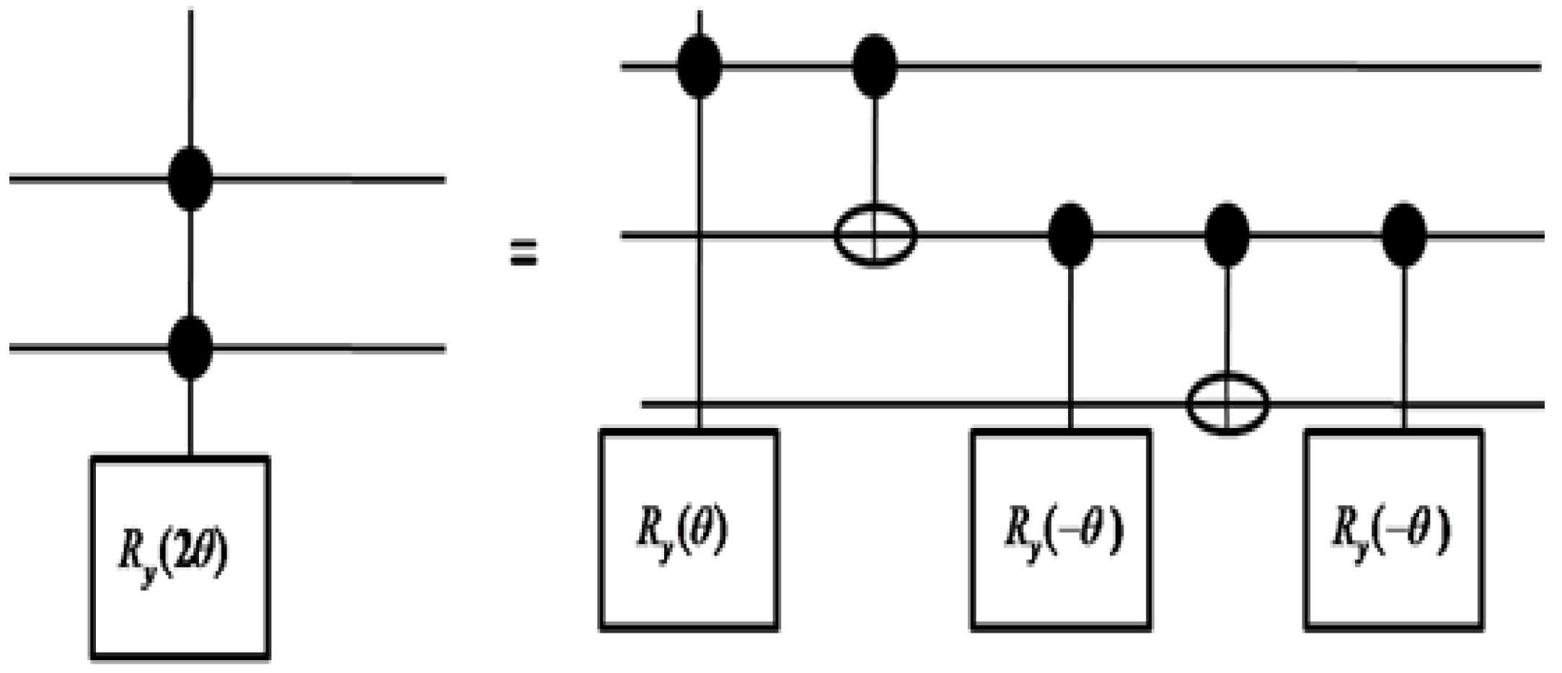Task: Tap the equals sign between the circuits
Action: pyautogui.click(x=524, y=254)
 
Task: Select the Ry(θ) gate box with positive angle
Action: pyautogui.click(x=689, y=530)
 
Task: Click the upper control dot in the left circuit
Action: pyautogui.click(x=190, y=178)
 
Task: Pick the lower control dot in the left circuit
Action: pyautogui.click(x=190, y=347)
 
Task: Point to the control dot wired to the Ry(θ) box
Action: pyautogui.click(x=700, y=66)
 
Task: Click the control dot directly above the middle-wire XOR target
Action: pyautogui.click(x=875, y=66)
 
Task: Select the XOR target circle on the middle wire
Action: pyautogui.click(x=875, y=235)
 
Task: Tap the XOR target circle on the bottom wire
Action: pyautogui.click(x=1227, y=403)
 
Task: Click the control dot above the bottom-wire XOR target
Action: pyautogui.click(x=1227, y=235)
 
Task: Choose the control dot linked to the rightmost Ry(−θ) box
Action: pyautogui.click(x=1404, y=235)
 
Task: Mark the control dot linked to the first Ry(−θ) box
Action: pyautogui.click(x=1070, y=235)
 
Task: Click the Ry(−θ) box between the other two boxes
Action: pyautogui.click(x=1061, y=530)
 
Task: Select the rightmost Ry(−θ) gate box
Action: pyautogui.click(x=1393, y=530)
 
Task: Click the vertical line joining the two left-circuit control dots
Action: pyautogui.click(x=190, y=263)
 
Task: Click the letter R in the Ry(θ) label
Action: pyautogui.click(x=647, y=530)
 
